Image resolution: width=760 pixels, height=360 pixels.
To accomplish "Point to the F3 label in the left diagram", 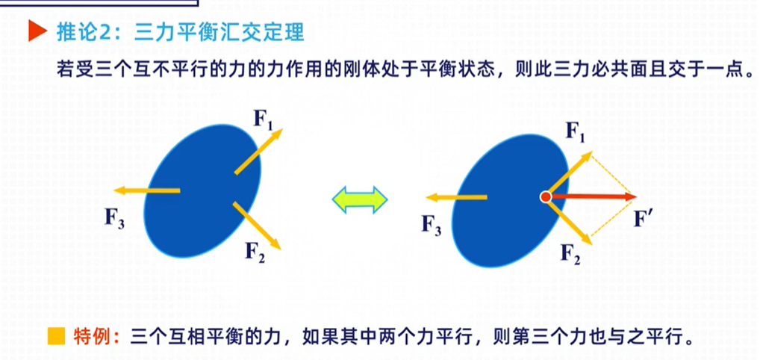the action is (114, 218).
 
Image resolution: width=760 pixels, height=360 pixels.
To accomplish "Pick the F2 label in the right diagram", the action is (571, 254).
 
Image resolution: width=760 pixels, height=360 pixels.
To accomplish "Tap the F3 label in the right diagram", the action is (432, 223).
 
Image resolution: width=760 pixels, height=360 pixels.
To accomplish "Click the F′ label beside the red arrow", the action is (643, 220).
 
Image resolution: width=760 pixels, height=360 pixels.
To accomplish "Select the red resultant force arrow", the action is (594, 196).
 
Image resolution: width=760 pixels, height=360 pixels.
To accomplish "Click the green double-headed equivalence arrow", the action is (360, 199).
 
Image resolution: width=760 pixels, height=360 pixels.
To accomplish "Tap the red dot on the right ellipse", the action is (546, 197).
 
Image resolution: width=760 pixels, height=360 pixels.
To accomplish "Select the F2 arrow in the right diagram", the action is (571, 223).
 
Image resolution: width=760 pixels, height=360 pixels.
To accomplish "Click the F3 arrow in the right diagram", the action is (457, 197).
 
